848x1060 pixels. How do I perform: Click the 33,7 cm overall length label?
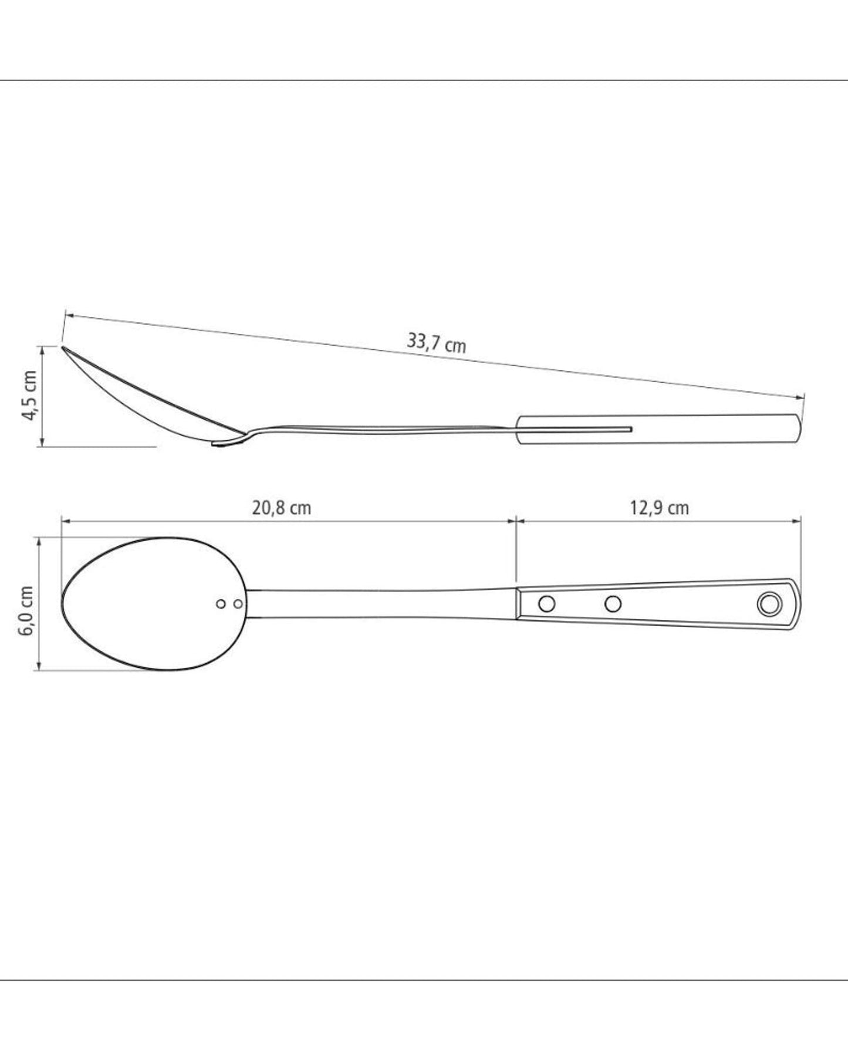[x=436, y=343]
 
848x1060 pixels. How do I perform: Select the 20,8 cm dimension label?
[x=281, y=508]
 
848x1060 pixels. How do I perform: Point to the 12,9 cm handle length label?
[x=660, y=508]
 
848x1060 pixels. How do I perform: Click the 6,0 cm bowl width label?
[x=27, y=610]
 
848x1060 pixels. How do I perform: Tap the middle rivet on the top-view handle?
[x=613, y=603]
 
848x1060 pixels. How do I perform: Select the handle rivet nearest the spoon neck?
[x=546, y=603]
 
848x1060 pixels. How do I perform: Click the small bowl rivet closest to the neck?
[x=238, y=603]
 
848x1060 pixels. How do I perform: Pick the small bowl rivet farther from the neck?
[x=221, y=603]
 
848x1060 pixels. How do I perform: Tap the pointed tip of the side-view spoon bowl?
[x=65, y=349]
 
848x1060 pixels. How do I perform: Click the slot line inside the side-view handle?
[x=575, y=429]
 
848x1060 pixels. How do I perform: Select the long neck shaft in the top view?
[x=381, y=603]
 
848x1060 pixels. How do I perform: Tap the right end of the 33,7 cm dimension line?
[x=803, y=397]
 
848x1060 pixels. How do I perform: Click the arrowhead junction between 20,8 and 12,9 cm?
[x=516, y=519]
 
